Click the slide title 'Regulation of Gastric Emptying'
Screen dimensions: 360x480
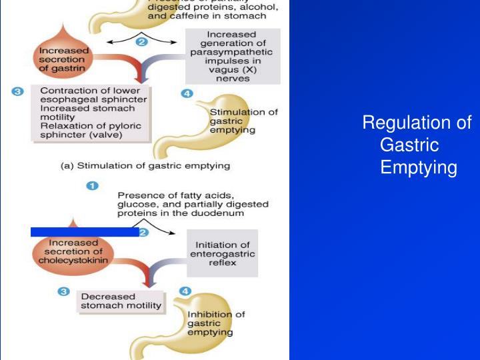click(417, 145)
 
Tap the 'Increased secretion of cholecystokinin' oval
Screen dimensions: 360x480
click(69, 251)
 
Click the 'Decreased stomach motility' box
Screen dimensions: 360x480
click(121, 301)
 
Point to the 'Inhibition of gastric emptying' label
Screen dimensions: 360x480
click(215, 323)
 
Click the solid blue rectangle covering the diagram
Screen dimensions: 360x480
click(85, 231)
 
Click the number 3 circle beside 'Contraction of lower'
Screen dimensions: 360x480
click(18, 91)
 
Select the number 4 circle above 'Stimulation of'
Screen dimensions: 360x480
click(187, 93)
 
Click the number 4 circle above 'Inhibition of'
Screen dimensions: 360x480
click(185, 291)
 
